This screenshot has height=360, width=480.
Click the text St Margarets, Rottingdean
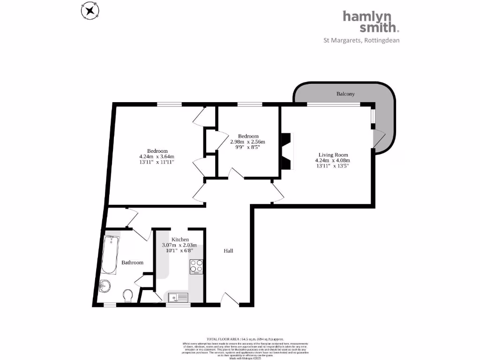click(361, 40)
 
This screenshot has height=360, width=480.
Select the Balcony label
click(345, 94)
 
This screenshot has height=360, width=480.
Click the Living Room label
click(333, 155)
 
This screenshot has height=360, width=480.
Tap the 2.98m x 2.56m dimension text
click(247, 142)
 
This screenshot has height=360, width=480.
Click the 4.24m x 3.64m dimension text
click(157, 157)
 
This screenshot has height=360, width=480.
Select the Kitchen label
click(180, 240)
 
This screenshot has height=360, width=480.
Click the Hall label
click(228, 251)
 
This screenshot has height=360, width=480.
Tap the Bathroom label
click(132, 262)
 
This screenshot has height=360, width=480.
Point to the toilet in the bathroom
click(127, 295)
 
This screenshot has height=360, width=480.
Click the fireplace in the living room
click(285, 151)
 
